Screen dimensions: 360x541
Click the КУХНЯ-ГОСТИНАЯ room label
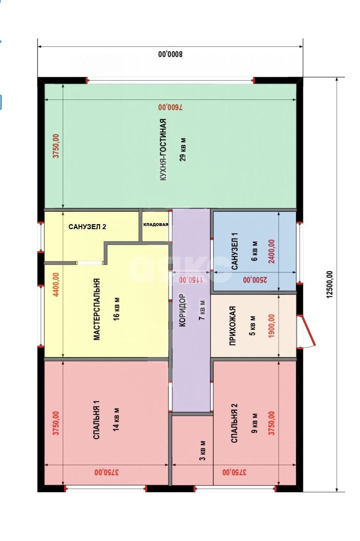tap(163, 149)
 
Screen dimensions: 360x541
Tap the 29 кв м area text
tap(182, 149)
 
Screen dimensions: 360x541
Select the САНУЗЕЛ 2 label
tap(87, 227)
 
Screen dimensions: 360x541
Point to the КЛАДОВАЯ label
tap(156, 225)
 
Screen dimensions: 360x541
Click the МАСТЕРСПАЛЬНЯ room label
tap(97, 309)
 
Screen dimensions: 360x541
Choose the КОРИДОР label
tap(182, 310)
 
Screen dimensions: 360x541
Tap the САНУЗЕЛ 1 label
tap(235, 251)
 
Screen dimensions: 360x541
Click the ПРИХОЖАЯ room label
tap(232, 326)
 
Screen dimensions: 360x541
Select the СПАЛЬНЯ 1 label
tap(96, 420)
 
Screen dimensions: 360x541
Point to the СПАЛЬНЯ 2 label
tap(235, 423)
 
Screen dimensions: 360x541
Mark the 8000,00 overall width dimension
tap(171, 54)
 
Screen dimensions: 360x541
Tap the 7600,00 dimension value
tap(171, 107)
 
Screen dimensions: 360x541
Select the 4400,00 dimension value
tap(56, 284)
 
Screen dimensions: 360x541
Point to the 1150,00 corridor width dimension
tap(191, 280)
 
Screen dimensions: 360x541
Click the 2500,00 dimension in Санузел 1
tap(255, 280)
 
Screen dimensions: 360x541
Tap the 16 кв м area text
tap(117, 309)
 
